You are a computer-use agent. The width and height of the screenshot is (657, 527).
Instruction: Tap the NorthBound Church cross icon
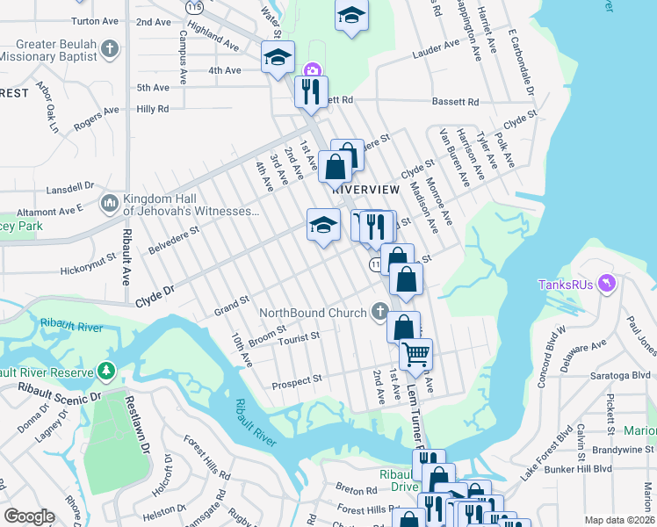point(379,310)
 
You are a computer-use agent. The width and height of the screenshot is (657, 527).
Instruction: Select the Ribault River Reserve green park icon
point(106,372)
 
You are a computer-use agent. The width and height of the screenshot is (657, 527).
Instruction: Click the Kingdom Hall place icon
point(110,204)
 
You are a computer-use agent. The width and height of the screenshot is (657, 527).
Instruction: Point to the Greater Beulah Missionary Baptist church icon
point(110,49)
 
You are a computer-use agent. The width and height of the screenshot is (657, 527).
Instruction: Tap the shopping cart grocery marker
point(415,355)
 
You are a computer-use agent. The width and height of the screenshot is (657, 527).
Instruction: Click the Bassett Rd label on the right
point(454,102)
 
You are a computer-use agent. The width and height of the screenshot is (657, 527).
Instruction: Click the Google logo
point(29,516)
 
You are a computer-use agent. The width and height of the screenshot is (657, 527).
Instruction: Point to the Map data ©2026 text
point(618,520)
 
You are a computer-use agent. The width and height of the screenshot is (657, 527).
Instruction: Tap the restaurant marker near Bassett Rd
point(311,91)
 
